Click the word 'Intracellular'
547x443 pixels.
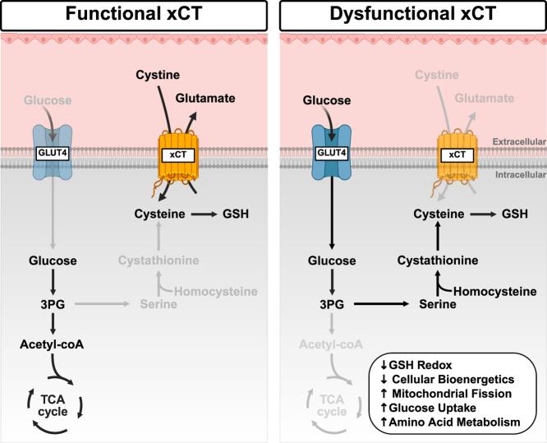tap(517, 174)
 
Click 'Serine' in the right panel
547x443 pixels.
tap(434, 303)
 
